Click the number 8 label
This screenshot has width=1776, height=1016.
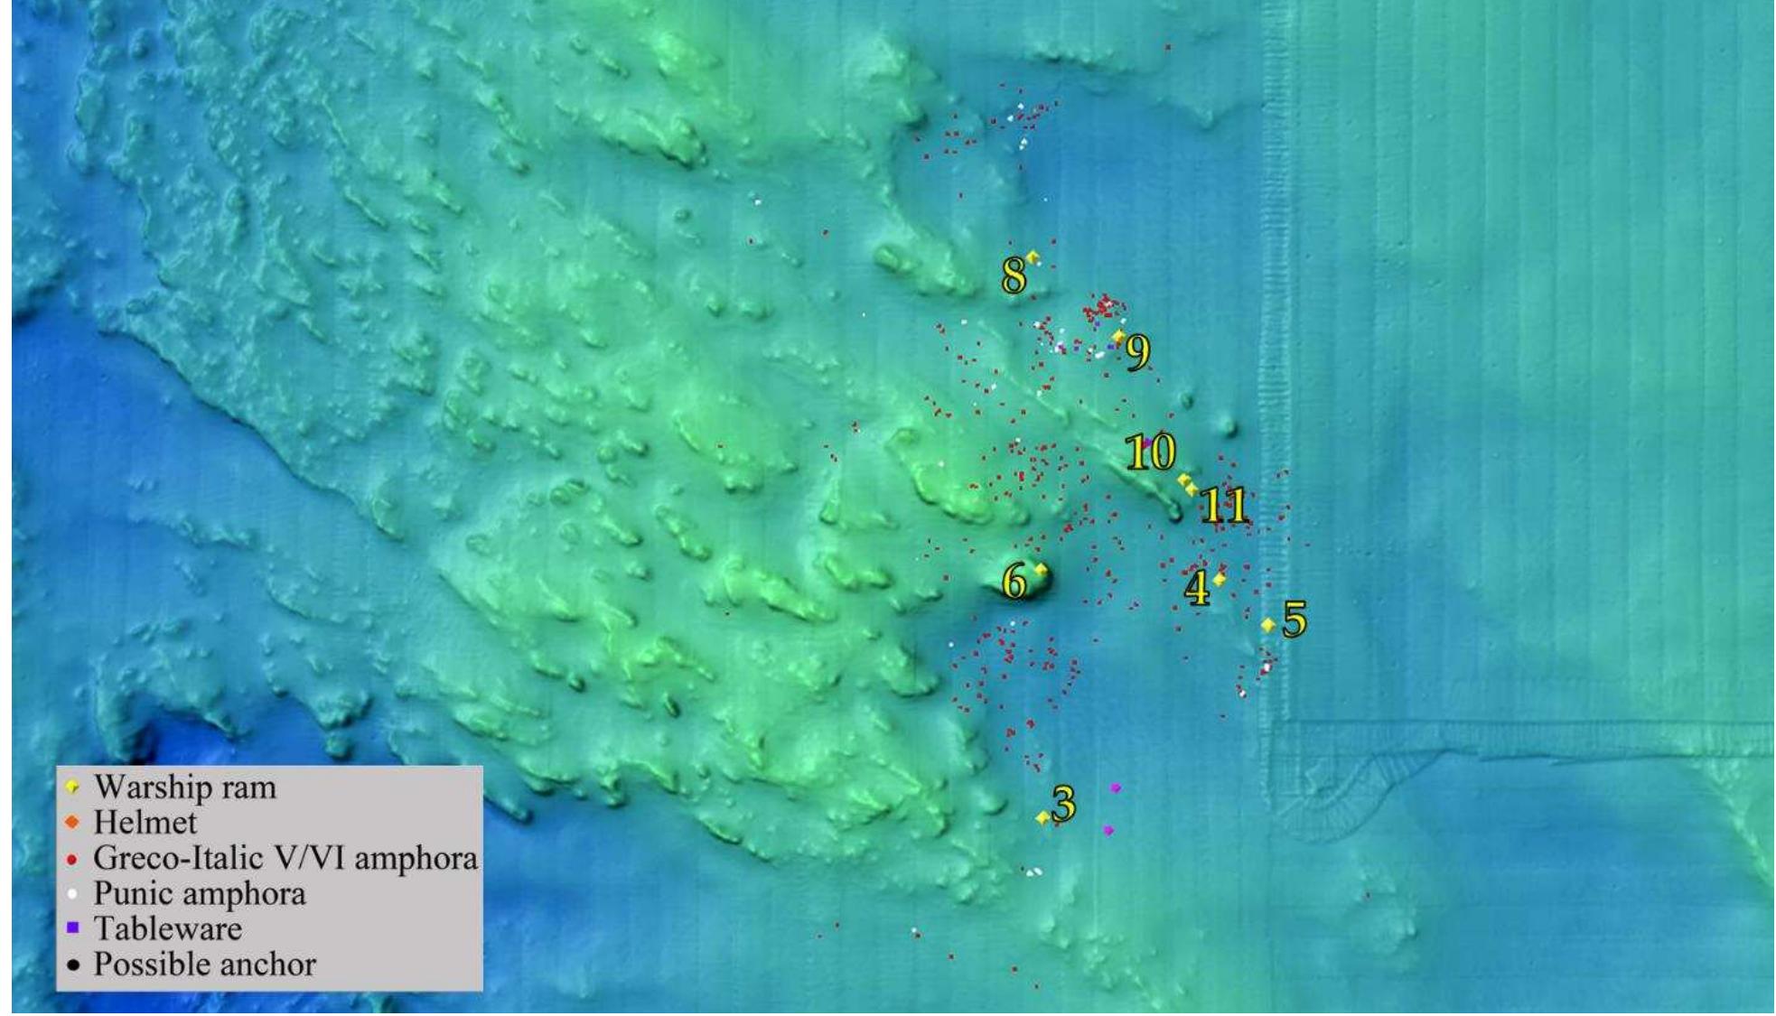pos(1014,275)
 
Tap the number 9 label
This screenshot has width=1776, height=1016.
pos(1138,351)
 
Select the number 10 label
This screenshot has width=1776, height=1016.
pos(1150,452)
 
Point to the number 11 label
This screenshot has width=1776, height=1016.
pos(1224,506)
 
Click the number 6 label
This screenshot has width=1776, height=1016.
pos(1014,583)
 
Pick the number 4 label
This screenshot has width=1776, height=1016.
pos(1196,590)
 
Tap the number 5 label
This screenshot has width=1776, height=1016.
pos(1295,620)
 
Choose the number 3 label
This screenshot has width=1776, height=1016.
pos(1064,803)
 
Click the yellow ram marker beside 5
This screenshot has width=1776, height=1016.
pos(1268,625)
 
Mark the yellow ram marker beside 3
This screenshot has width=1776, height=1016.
pos(1042,817)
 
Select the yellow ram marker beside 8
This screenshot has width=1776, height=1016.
pos(1033,258)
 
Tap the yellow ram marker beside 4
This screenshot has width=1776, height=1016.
pos(1219,580)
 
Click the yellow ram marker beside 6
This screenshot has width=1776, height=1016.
pos(1041,570)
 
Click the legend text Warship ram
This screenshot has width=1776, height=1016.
pos(184,788)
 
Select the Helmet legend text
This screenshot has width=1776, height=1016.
pos(145,823)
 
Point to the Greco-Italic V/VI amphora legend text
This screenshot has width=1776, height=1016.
pos(285,858)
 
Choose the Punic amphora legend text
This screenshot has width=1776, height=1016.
pos(200,894)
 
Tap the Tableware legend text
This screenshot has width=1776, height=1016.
pos(168,928)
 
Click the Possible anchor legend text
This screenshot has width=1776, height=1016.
pos(204,965)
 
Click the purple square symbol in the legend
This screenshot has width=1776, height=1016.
pos(73,927)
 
